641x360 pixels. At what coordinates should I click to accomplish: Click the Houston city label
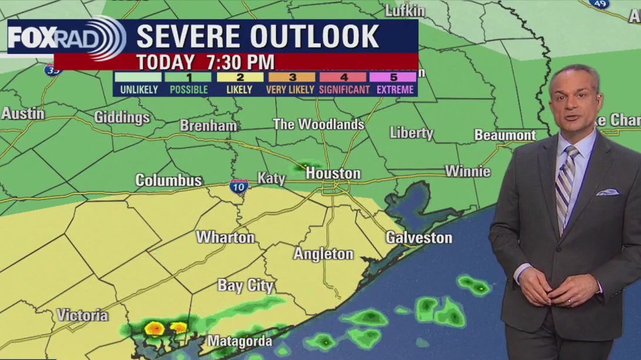click(x=333, y=174)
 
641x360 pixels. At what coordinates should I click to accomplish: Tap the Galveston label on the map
click(x=419, y=238)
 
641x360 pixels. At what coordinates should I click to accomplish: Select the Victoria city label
click(x=82, y=315)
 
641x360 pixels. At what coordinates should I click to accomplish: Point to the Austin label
click(x=22, y=114)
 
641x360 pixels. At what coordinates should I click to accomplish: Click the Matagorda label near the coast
click(x=240, y=341)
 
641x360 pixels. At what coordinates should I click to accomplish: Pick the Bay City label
click(x=245, y=286)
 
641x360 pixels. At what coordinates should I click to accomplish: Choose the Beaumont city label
click(x=505, y=135)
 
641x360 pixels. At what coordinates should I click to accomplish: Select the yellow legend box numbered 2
click(x=240, y=77)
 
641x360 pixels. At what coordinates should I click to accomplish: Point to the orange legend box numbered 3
click(x=292, y=77)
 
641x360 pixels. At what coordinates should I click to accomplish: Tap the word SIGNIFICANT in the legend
click(x=344, y=90)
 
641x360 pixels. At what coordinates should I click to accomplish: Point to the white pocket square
click(x=607, y=192)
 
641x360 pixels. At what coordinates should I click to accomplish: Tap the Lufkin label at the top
click(x=404, y=11)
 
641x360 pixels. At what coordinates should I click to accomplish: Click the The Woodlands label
click(x=318, y=124)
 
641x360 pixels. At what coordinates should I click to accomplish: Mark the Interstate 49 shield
click(x=599, y=4)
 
